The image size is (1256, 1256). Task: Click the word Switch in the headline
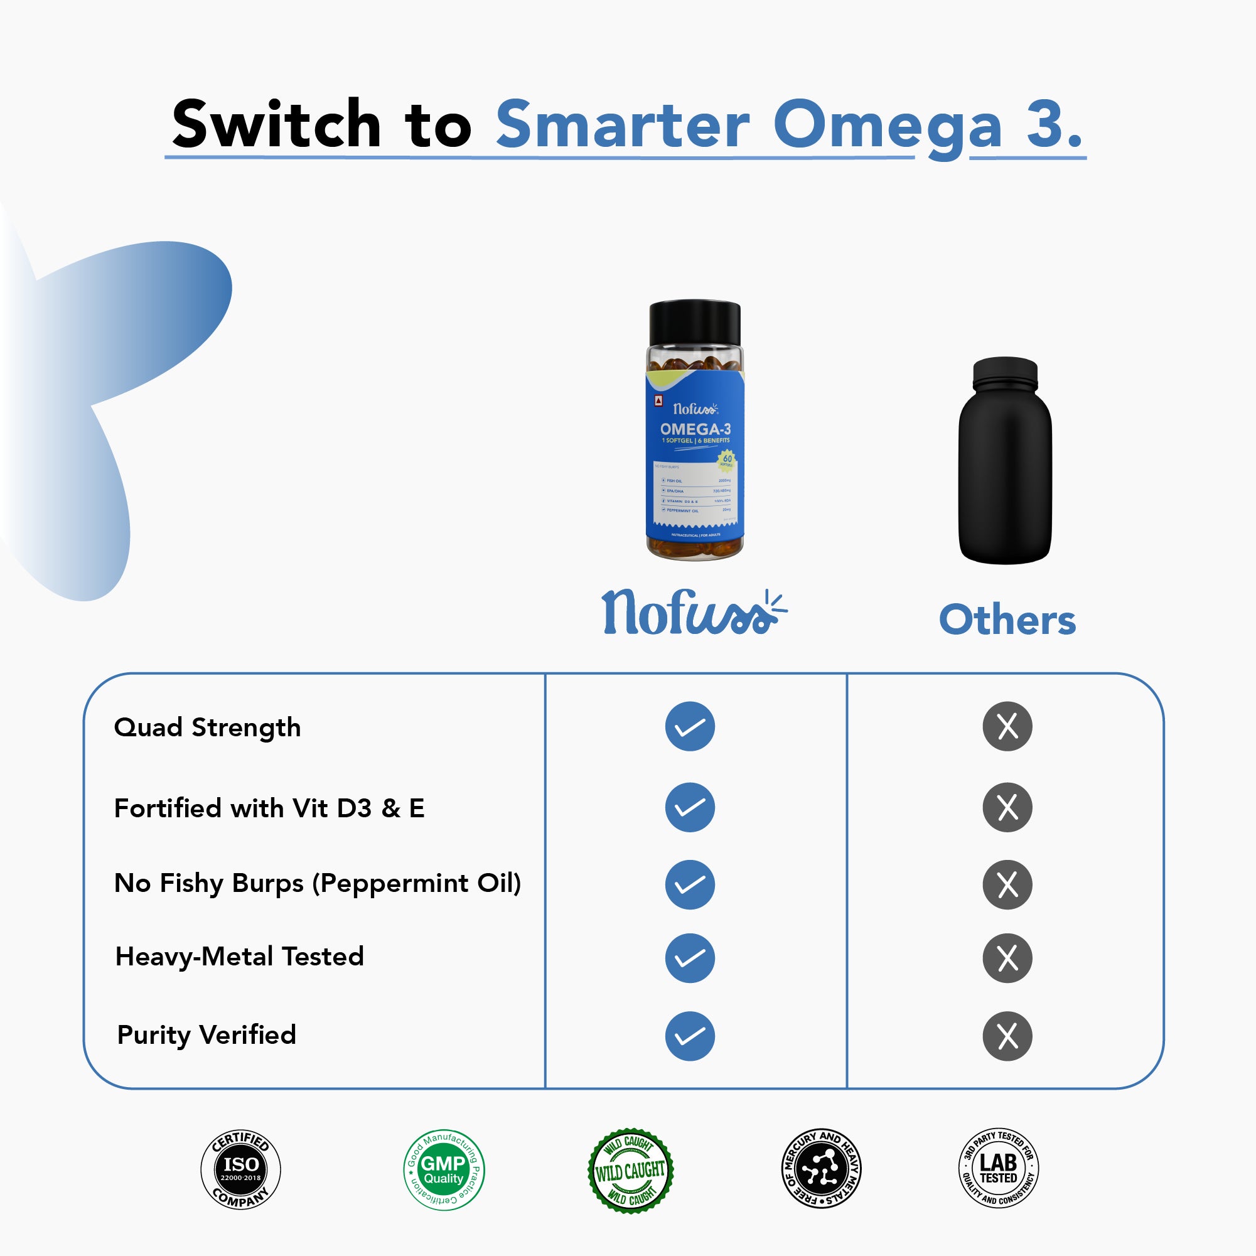(x=276, y=124)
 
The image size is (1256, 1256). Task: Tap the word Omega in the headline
(x=888, y=126)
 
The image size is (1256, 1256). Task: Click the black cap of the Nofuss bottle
(x=694, y=323)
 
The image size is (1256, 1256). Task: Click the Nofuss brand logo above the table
(x=693, y=613)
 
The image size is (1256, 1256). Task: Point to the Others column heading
(x=1007, y=620)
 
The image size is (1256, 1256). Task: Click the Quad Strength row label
(x=207, y=727)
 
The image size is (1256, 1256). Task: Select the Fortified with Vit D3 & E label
(x=269, y=808)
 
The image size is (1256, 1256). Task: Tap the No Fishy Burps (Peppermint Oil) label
(x=317, y=883)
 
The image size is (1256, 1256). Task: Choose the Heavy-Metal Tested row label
(x=239, y=957)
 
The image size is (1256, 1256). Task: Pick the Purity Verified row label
(x=206, y=1034)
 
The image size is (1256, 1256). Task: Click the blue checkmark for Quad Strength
(x=690, y=726)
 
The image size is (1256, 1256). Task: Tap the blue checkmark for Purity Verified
(x=690, y=1036)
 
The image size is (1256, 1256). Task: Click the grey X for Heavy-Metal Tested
(x=1007, y=958)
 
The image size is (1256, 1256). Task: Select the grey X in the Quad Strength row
(x=1007, y=726)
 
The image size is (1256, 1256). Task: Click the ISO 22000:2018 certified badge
(x=240, y=1169)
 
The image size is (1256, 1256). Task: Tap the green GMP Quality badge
(x=443, y=1169)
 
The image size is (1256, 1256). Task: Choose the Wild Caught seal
(x=631, y=1170)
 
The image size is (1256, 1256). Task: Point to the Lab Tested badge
(x=999, y=1168)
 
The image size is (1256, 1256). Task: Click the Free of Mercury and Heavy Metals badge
(x=820, y=1168)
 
